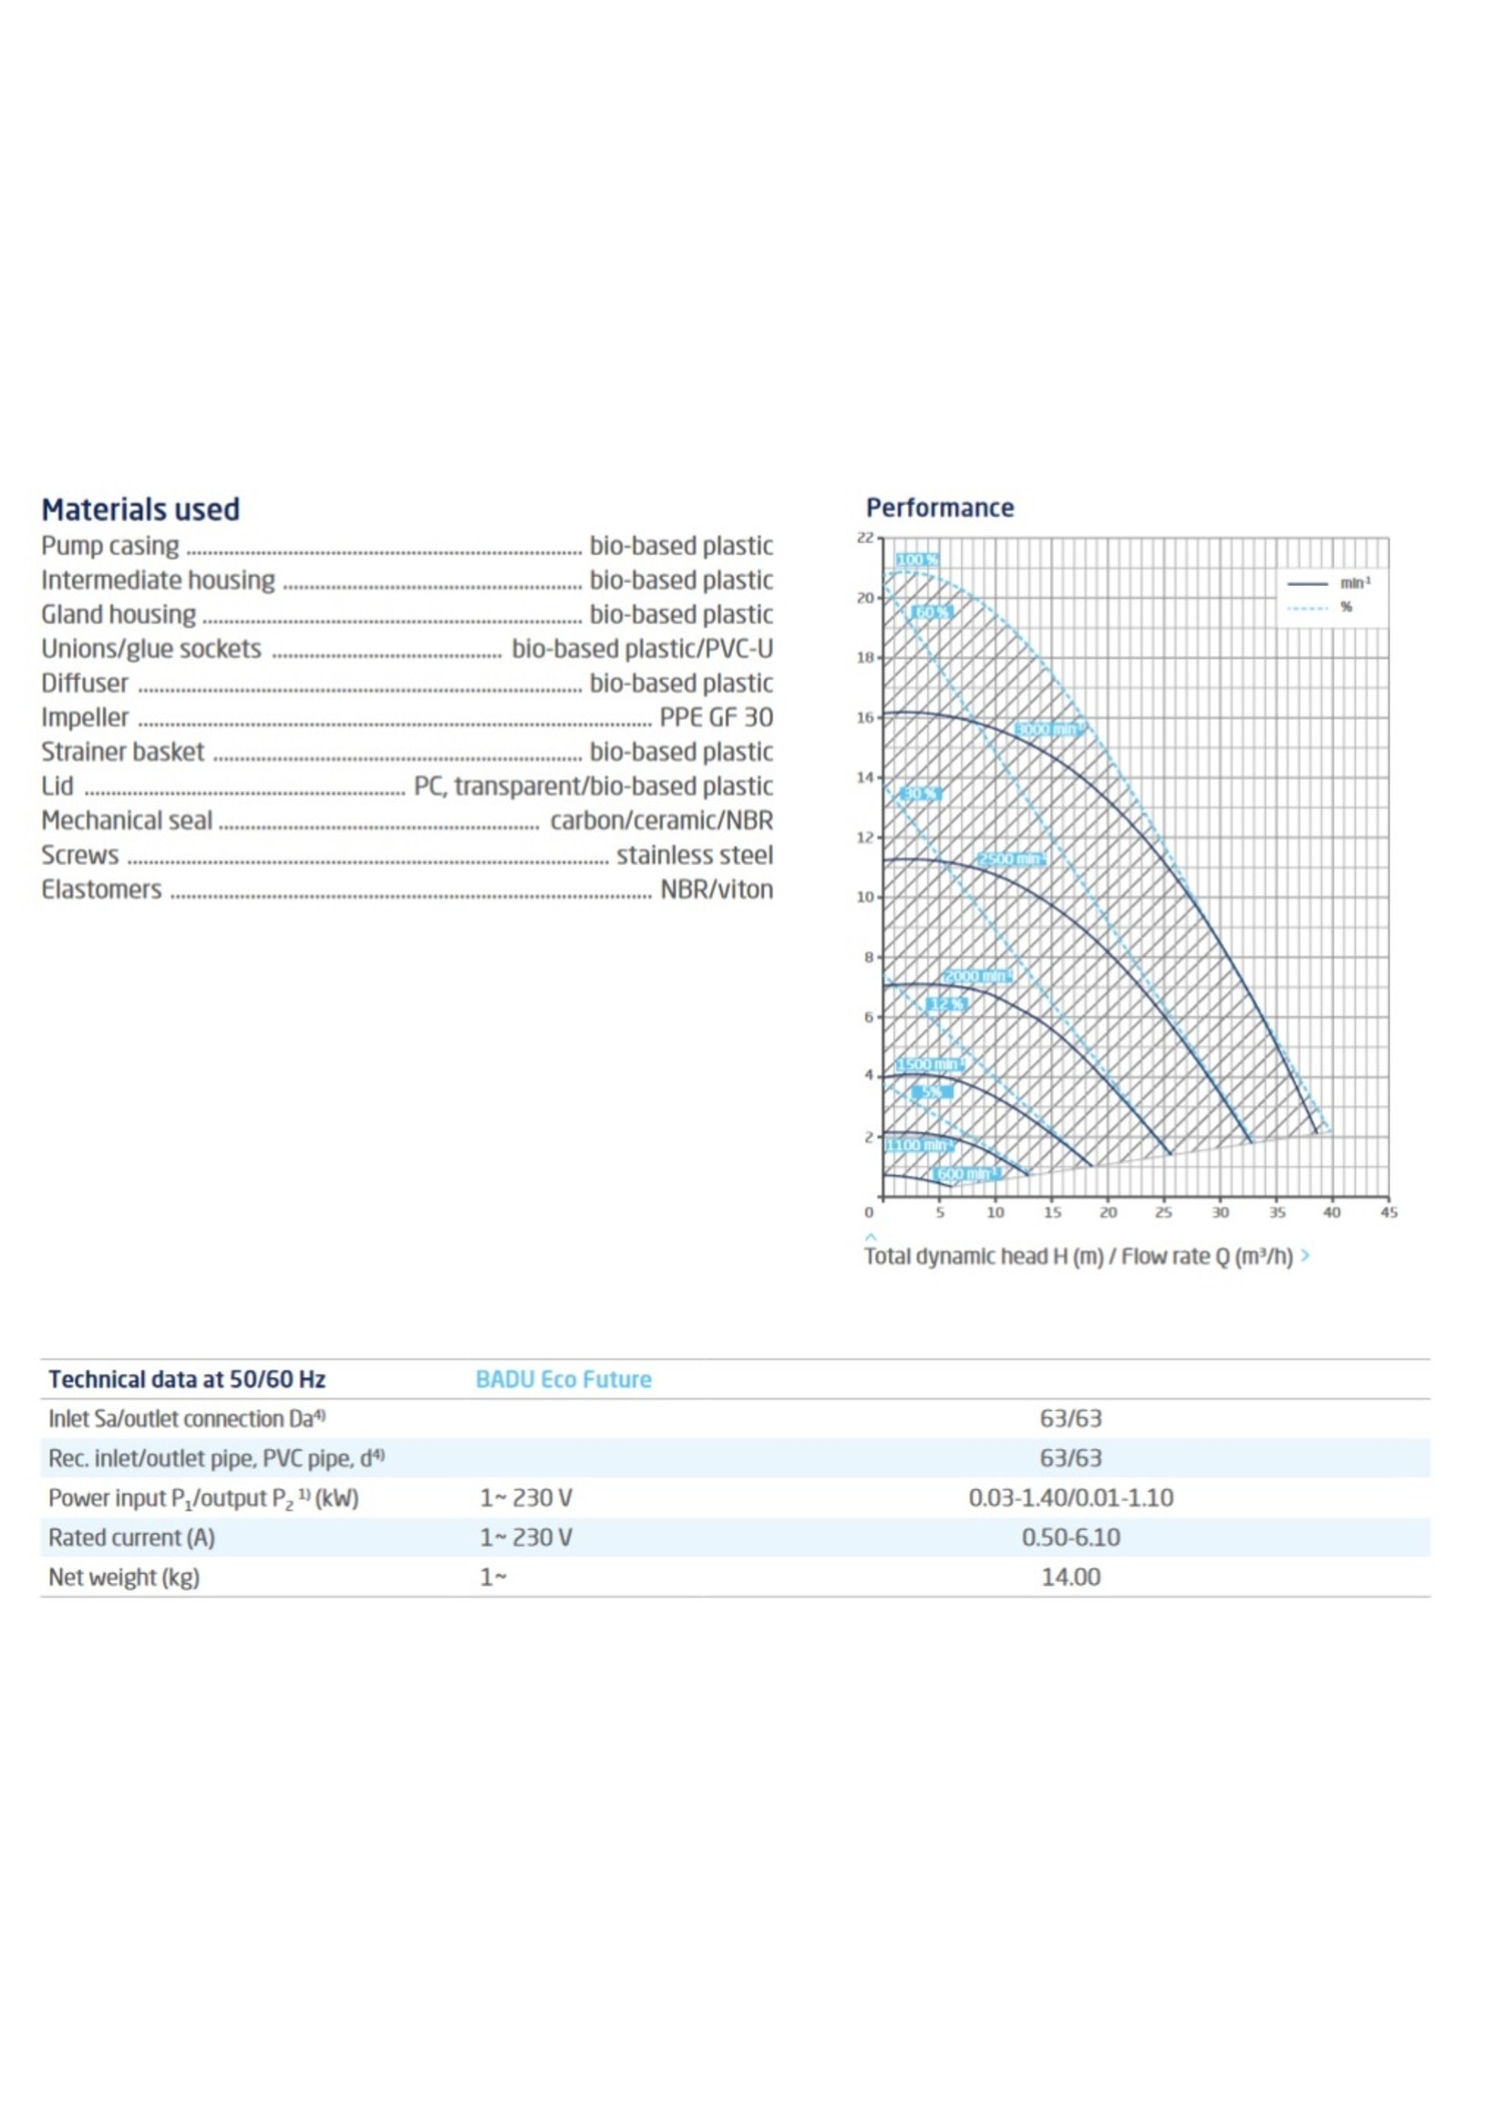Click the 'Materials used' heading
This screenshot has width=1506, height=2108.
point(140,509)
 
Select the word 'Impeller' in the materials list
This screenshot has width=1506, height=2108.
point(85,717)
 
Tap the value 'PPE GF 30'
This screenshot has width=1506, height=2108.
point(715,717)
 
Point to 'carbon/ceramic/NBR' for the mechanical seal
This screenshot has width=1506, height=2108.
point(660,820)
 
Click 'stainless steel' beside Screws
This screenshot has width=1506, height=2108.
point(694,855)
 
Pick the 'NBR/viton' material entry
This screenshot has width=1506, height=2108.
point(715,889)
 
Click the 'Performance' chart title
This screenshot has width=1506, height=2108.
point(938,508)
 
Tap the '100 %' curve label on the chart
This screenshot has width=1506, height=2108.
point(917,560)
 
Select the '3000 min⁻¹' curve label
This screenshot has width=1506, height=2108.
point(1047,729)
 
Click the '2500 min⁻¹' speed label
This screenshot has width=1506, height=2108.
point(1011,859)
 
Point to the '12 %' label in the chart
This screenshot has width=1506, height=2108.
point(946,1004)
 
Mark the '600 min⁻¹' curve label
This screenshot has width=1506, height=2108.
point(965,1174)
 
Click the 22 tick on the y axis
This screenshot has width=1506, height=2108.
point(864,538)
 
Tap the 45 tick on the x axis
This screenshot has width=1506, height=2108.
point(1387,1212)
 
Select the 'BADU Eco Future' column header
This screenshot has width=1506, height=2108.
point(562,1380)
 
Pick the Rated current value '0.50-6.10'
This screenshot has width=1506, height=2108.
point(1070,1537)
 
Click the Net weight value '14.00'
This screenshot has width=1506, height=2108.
point(1070,1577)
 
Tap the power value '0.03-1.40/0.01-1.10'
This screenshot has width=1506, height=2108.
point(1070,1498)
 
